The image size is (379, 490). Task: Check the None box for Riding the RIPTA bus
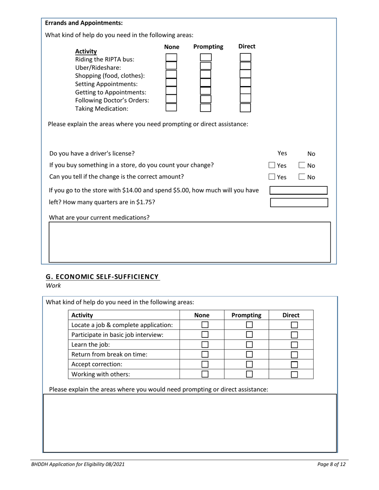pyautogui.click(x=171, y=58)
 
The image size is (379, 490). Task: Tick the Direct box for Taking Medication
pyautogui.click(x=245, y=108)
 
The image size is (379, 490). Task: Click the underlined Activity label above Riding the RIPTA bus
pyautogui.click(x=86, y=51)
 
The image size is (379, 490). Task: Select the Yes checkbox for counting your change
pyautogui.click(x=272, y=165)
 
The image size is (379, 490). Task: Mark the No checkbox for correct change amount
pyautogui.click(x=302, y=177)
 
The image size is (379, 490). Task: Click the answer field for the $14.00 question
pyautogui.click(x=298, y=190)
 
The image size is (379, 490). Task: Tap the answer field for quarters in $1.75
pyautogui.click(x=299, y=202)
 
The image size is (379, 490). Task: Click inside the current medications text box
pyautogui.click(x=189, y=242)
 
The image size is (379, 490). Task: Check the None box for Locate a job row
pyautogui.click(x=205, y=325)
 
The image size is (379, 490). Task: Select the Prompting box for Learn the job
pyautogui.click(x=249, y=345)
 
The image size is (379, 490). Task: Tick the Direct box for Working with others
pyautogui.click(x=294, y=374)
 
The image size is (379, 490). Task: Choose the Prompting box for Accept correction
pyautogui.click(x=249, y=364)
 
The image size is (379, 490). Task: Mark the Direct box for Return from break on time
pyautogui.click(x=294, y=355)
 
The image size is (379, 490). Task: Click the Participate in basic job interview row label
pyautogui.click(x=117, y=335)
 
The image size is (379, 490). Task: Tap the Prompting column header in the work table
pyautogui.click(x=247, y=315)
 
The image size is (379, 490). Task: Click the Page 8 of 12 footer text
pyautogui.click(x=331, y=464)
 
